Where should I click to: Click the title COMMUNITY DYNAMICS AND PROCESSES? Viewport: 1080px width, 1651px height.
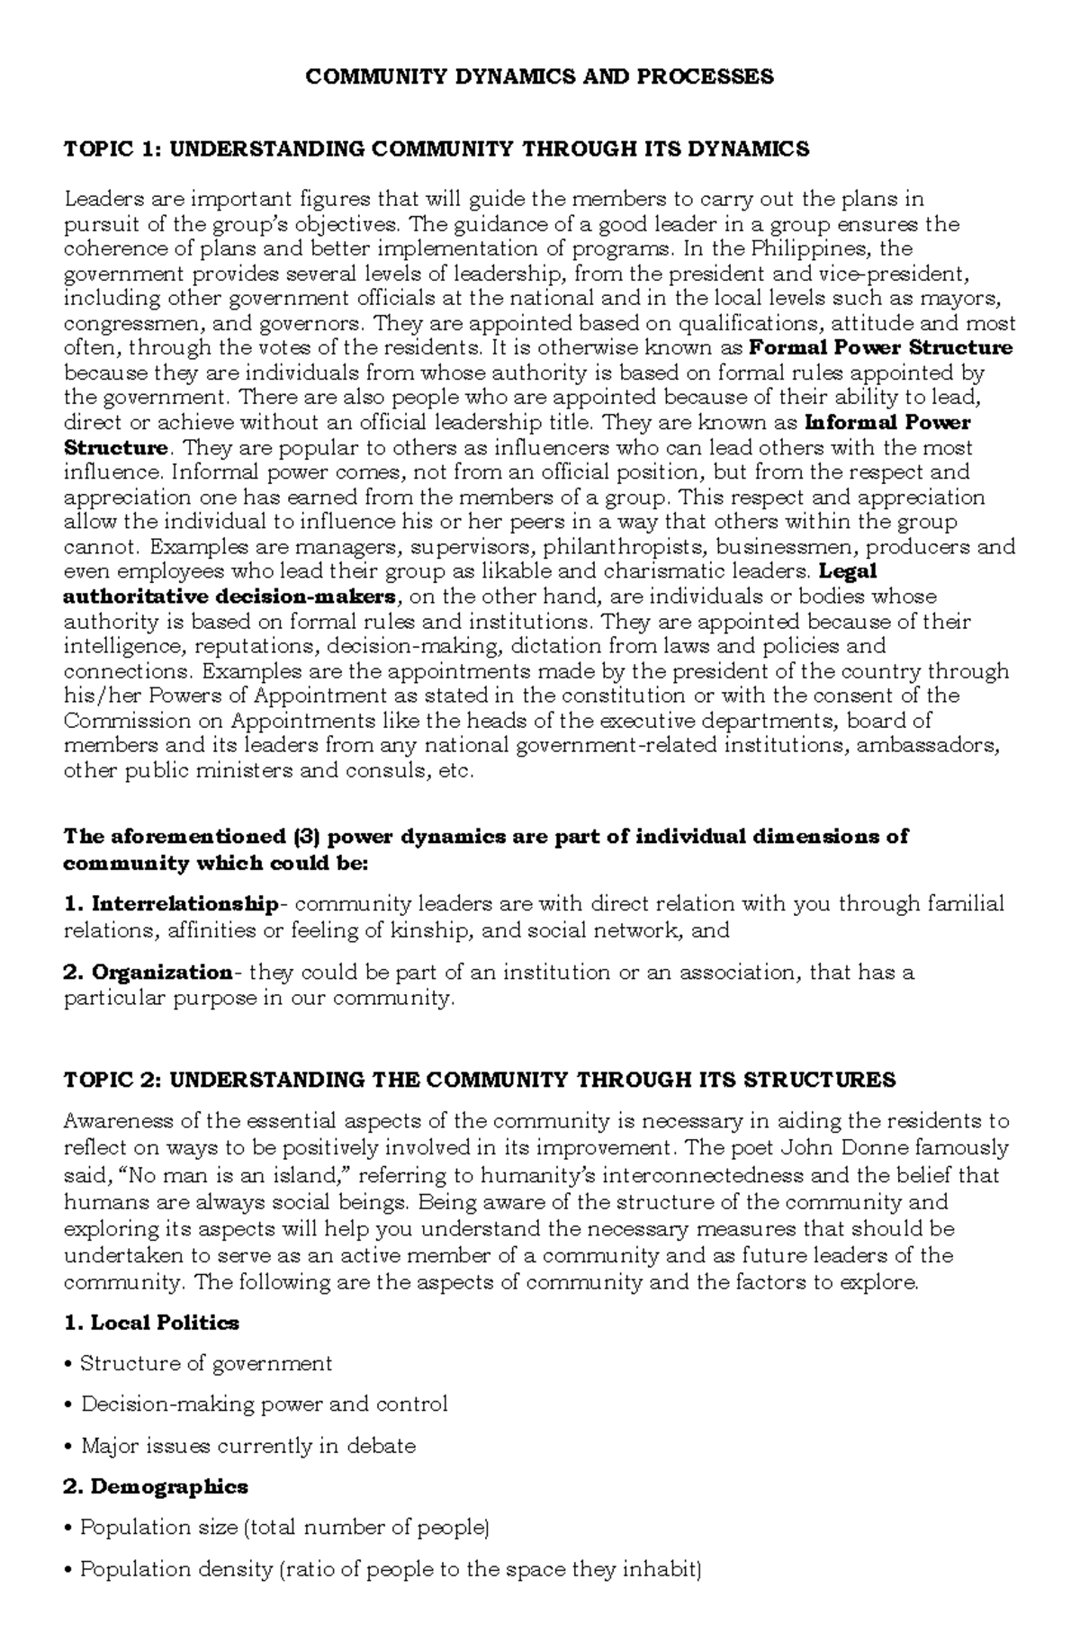pos(539,76)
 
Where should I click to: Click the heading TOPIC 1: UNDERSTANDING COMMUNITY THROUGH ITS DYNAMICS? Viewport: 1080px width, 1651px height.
pos(436,149)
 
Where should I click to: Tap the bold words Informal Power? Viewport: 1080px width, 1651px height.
pos(886,423)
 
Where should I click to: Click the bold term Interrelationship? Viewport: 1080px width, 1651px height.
pos(184,903)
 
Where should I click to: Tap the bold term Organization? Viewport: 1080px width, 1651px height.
pos(162,973)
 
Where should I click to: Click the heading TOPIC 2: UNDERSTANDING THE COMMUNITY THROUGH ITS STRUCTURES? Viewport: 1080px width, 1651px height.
pos(480,1080)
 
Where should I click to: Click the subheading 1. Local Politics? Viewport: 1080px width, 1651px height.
pos(151,1323)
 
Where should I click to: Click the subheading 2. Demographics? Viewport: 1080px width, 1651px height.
pos(156,1487)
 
